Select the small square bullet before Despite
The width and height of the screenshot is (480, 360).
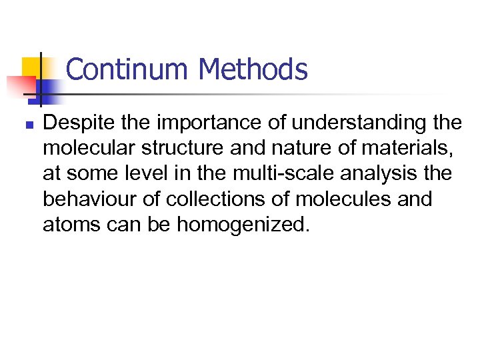27,124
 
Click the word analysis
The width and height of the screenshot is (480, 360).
387,174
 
